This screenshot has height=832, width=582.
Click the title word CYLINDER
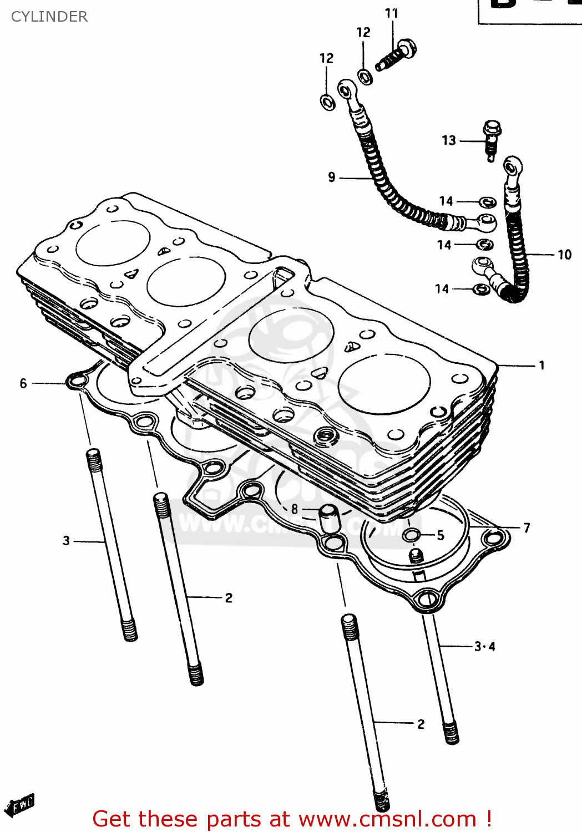click(49, 17)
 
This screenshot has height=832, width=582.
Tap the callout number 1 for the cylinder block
click(541, 366)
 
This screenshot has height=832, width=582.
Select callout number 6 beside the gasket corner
click(23, 383)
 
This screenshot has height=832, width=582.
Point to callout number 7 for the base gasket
click(527, 528)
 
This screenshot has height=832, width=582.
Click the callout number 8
click(294, 509)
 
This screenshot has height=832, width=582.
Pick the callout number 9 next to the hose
click(332, 177)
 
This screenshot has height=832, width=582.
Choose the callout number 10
click(564, 255)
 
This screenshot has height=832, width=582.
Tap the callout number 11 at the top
click(392, 13)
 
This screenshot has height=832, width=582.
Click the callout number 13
click(449, 140)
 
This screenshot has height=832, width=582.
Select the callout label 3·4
click(484, 646)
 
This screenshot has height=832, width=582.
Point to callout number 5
click(440, 535)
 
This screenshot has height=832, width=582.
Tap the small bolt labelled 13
click(491, 139)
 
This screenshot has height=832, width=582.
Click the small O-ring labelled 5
click(412, 535)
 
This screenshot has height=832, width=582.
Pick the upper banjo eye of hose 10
click(513, 166)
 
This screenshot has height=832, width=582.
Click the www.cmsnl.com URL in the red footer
click(387, 819)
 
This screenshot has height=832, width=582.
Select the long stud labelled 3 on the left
click(111, 544)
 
